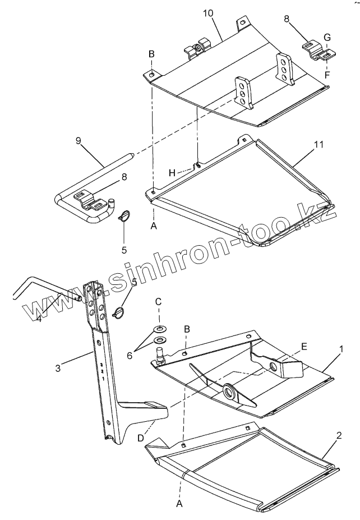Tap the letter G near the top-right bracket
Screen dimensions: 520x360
327,38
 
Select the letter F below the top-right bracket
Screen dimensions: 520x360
326,74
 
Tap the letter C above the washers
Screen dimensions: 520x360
159,302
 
